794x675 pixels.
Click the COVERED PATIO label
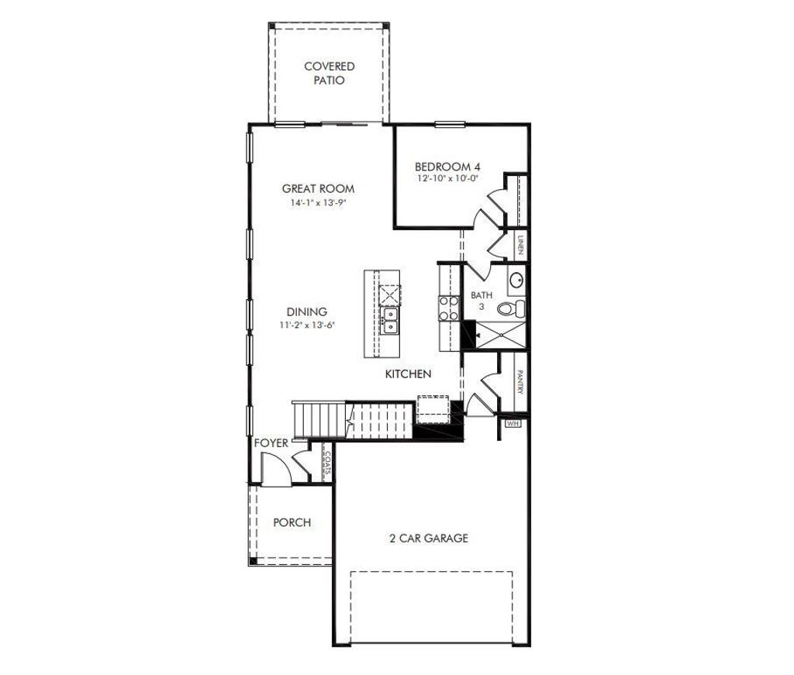coord(330,73)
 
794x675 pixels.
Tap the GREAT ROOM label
coord(318,188)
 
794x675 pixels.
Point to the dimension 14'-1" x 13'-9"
coord(318,203)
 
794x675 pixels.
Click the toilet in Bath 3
coord(511,308)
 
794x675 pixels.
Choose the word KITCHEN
coord(409,374)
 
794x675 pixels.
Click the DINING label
coord(306,312)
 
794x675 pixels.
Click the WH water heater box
coord(513,424)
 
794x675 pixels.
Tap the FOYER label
coord(271,443)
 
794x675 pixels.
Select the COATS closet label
coord(328,463)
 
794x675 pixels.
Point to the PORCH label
coord(292,522)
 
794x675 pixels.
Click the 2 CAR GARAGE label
coord(429,538)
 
